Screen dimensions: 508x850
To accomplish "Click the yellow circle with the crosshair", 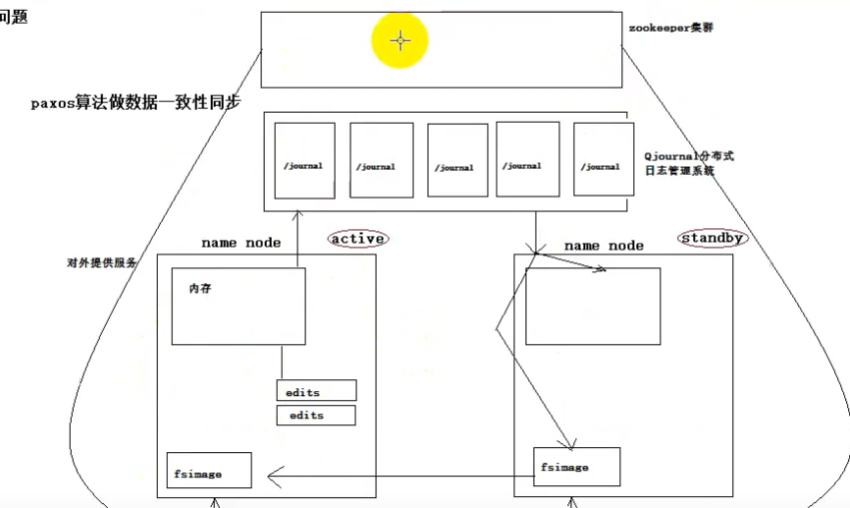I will coord(400,41).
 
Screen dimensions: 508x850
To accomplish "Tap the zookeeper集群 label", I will coord(671,28).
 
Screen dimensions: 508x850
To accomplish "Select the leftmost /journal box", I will coord(304,160).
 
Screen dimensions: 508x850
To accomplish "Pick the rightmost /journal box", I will coord(599,159).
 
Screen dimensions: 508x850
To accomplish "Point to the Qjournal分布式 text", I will coord(689,155).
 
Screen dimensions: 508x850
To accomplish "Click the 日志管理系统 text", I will coord(679,170).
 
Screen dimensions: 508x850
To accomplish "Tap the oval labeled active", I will coord(357,239).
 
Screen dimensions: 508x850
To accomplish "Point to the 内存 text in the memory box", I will coord(200,290).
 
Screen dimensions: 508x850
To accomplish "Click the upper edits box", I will coord(316,391).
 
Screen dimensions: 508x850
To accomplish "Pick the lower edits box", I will coord(316,415).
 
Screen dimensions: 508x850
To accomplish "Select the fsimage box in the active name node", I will coord(209,472).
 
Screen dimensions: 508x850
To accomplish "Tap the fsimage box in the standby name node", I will coord(576,467).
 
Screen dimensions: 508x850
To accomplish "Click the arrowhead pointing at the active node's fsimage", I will coord(275,477).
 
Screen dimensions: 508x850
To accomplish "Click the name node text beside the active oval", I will coord(240,242).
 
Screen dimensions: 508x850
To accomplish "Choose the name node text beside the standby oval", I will coord(604,245).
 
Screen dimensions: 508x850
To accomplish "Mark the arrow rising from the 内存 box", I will coord(298,236).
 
